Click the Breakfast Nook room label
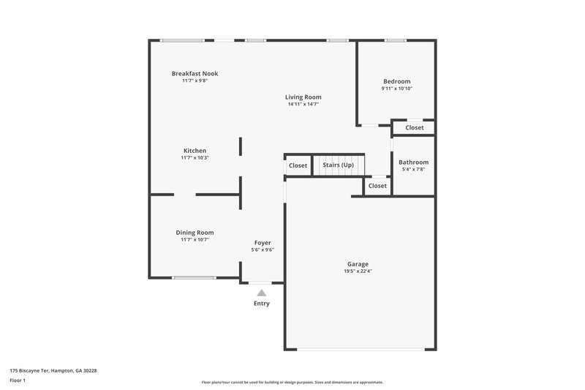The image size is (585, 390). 195,73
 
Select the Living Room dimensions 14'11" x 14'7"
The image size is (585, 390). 303,105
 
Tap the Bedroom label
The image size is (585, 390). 397,81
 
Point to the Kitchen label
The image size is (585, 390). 195,151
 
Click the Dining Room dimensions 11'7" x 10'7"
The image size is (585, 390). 195,240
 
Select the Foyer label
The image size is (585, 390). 263,243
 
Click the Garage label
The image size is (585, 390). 358,263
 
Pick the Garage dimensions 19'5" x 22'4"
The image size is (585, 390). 358,271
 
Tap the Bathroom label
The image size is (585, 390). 413,162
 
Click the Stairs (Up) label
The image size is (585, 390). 338,165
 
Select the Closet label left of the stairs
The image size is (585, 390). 298,165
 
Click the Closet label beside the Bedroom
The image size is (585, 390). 415,127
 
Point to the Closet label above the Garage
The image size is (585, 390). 377,186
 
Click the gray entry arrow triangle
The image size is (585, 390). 261,293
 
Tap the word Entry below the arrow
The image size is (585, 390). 261,304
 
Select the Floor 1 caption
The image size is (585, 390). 18,380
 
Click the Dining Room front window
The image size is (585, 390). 194,277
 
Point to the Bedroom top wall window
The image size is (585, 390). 396,40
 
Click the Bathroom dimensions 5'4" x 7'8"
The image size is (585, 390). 413,170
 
